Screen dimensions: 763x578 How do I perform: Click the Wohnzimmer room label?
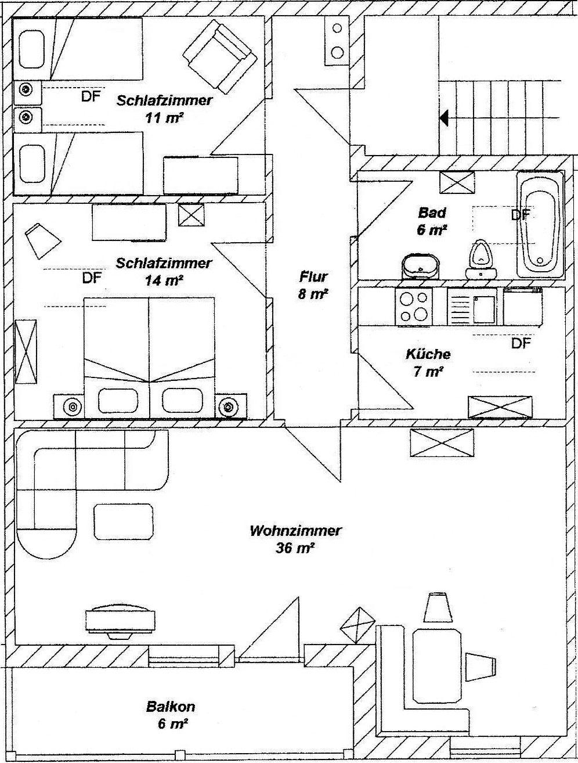(x=295, y=531)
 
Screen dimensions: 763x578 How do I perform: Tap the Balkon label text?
(x=171, y=707)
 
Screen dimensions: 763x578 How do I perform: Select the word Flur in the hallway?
(x=314, y=276)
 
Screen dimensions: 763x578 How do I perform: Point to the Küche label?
(x=428, y=354)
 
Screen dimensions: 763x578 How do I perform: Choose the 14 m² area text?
(x=164, y=280)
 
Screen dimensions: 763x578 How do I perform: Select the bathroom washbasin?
(x=419, y=267)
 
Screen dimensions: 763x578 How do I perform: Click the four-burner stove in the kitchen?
(x=414, y=307)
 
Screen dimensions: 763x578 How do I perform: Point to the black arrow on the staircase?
(x=444, y=118)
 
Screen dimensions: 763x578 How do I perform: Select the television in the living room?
(x=120, y=621)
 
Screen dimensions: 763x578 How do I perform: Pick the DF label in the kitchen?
(x=521, y=344)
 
